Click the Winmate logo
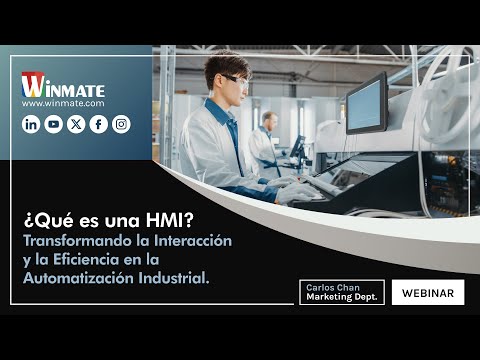pyautogui.click(x=63, y=84)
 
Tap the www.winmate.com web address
pyautogui.click(x=63, y=103)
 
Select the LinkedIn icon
pyautogui.click(x=31, y=124)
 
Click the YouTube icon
pyautogui.click(x=53, y=124)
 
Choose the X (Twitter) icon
pyautogui.click(x=76, y=124)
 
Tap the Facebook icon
pyautogui.click(x=98, y=124)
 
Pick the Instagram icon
pyautogui.click(x=121, y=124)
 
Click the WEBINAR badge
pyautogui.click(x=428, y=293)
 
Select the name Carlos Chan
pyautogui.click(x=327, y=286)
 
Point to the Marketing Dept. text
pyautogui.click(x=339, y=298)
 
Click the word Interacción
pyautogui.click(x=192, y=241)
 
